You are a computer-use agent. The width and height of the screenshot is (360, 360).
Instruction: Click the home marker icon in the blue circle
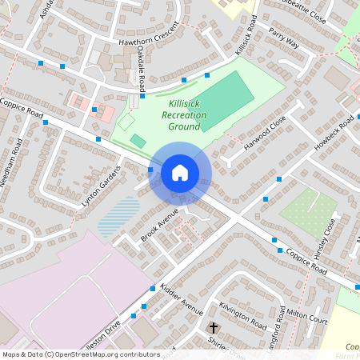click(x=180, y=172)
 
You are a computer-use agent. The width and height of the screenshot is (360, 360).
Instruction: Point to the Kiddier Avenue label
click(x=182, y=298)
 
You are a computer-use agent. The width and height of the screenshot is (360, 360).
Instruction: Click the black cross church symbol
click(x=214, y=328)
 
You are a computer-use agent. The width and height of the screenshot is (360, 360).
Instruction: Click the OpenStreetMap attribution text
click(x=81, y=354)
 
